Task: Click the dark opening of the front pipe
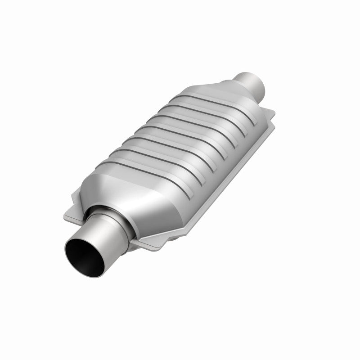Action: coord(83,257)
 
